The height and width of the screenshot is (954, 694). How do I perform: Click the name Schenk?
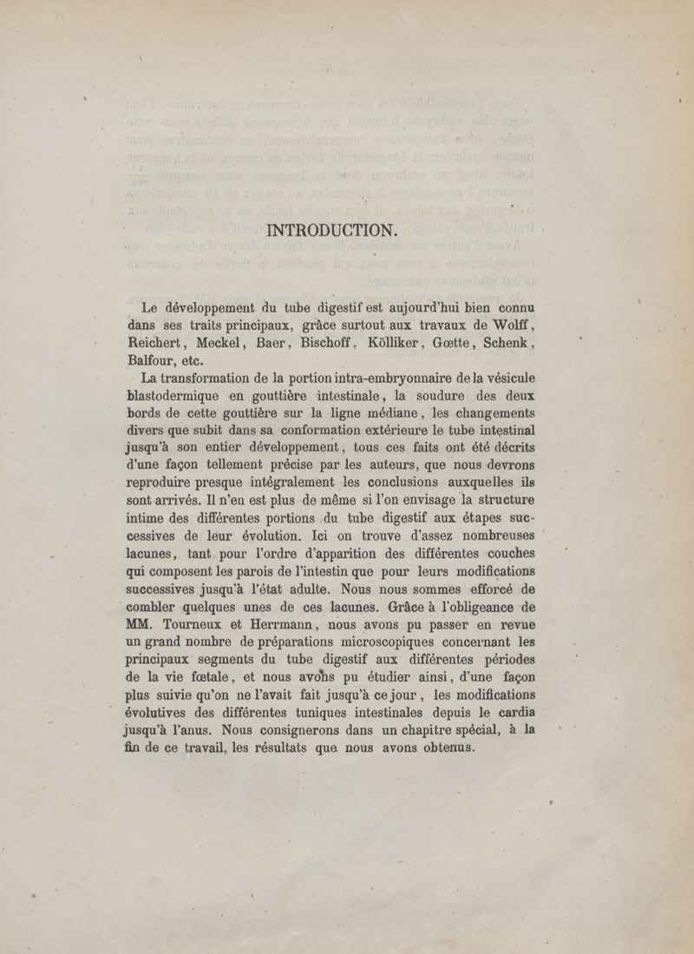pyautogui.click(x=507, y=344)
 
